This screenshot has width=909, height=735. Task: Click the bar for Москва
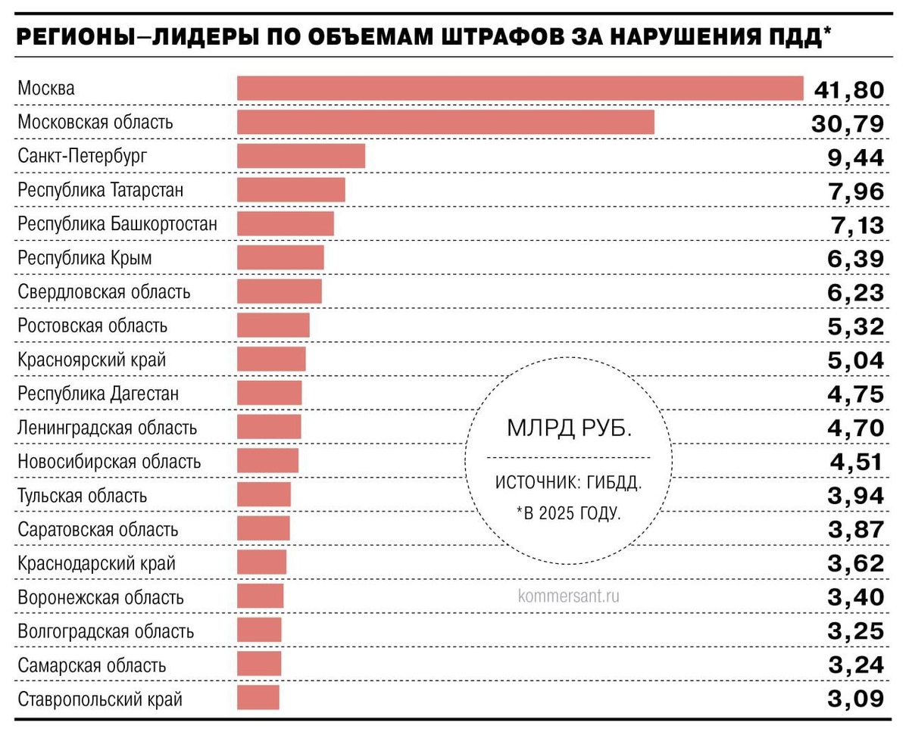520,89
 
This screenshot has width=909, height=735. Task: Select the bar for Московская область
445,122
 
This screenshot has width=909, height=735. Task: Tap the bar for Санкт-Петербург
301,156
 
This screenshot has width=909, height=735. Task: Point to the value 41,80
848,90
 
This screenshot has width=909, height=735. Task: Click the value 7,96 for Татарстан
856,192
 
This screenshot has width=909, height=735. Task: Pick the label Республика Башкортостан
117,224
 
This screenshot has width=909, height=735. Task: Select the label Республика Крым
85,258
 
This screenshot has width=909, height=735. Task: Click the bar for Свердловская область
279,292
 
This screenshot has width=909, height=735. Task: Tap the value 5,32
856,327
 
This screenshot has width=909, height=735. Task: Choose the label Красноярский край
92,360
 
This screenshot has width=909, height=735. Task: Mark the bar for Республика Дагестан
269,394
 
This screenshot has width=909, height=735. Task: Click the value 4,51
856,462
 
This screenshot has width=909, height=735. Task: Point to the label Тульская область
83,496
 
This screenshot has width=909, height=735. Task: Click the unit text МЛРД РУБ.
569,428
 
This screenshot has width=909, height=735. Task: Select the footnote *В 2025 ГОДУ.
569,513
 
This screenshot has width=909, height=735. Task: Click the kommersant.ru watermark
569,596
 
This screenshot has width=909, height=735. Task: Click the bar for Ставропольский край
258,698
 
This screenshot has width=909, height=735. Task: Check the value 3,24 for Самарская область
856,665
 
